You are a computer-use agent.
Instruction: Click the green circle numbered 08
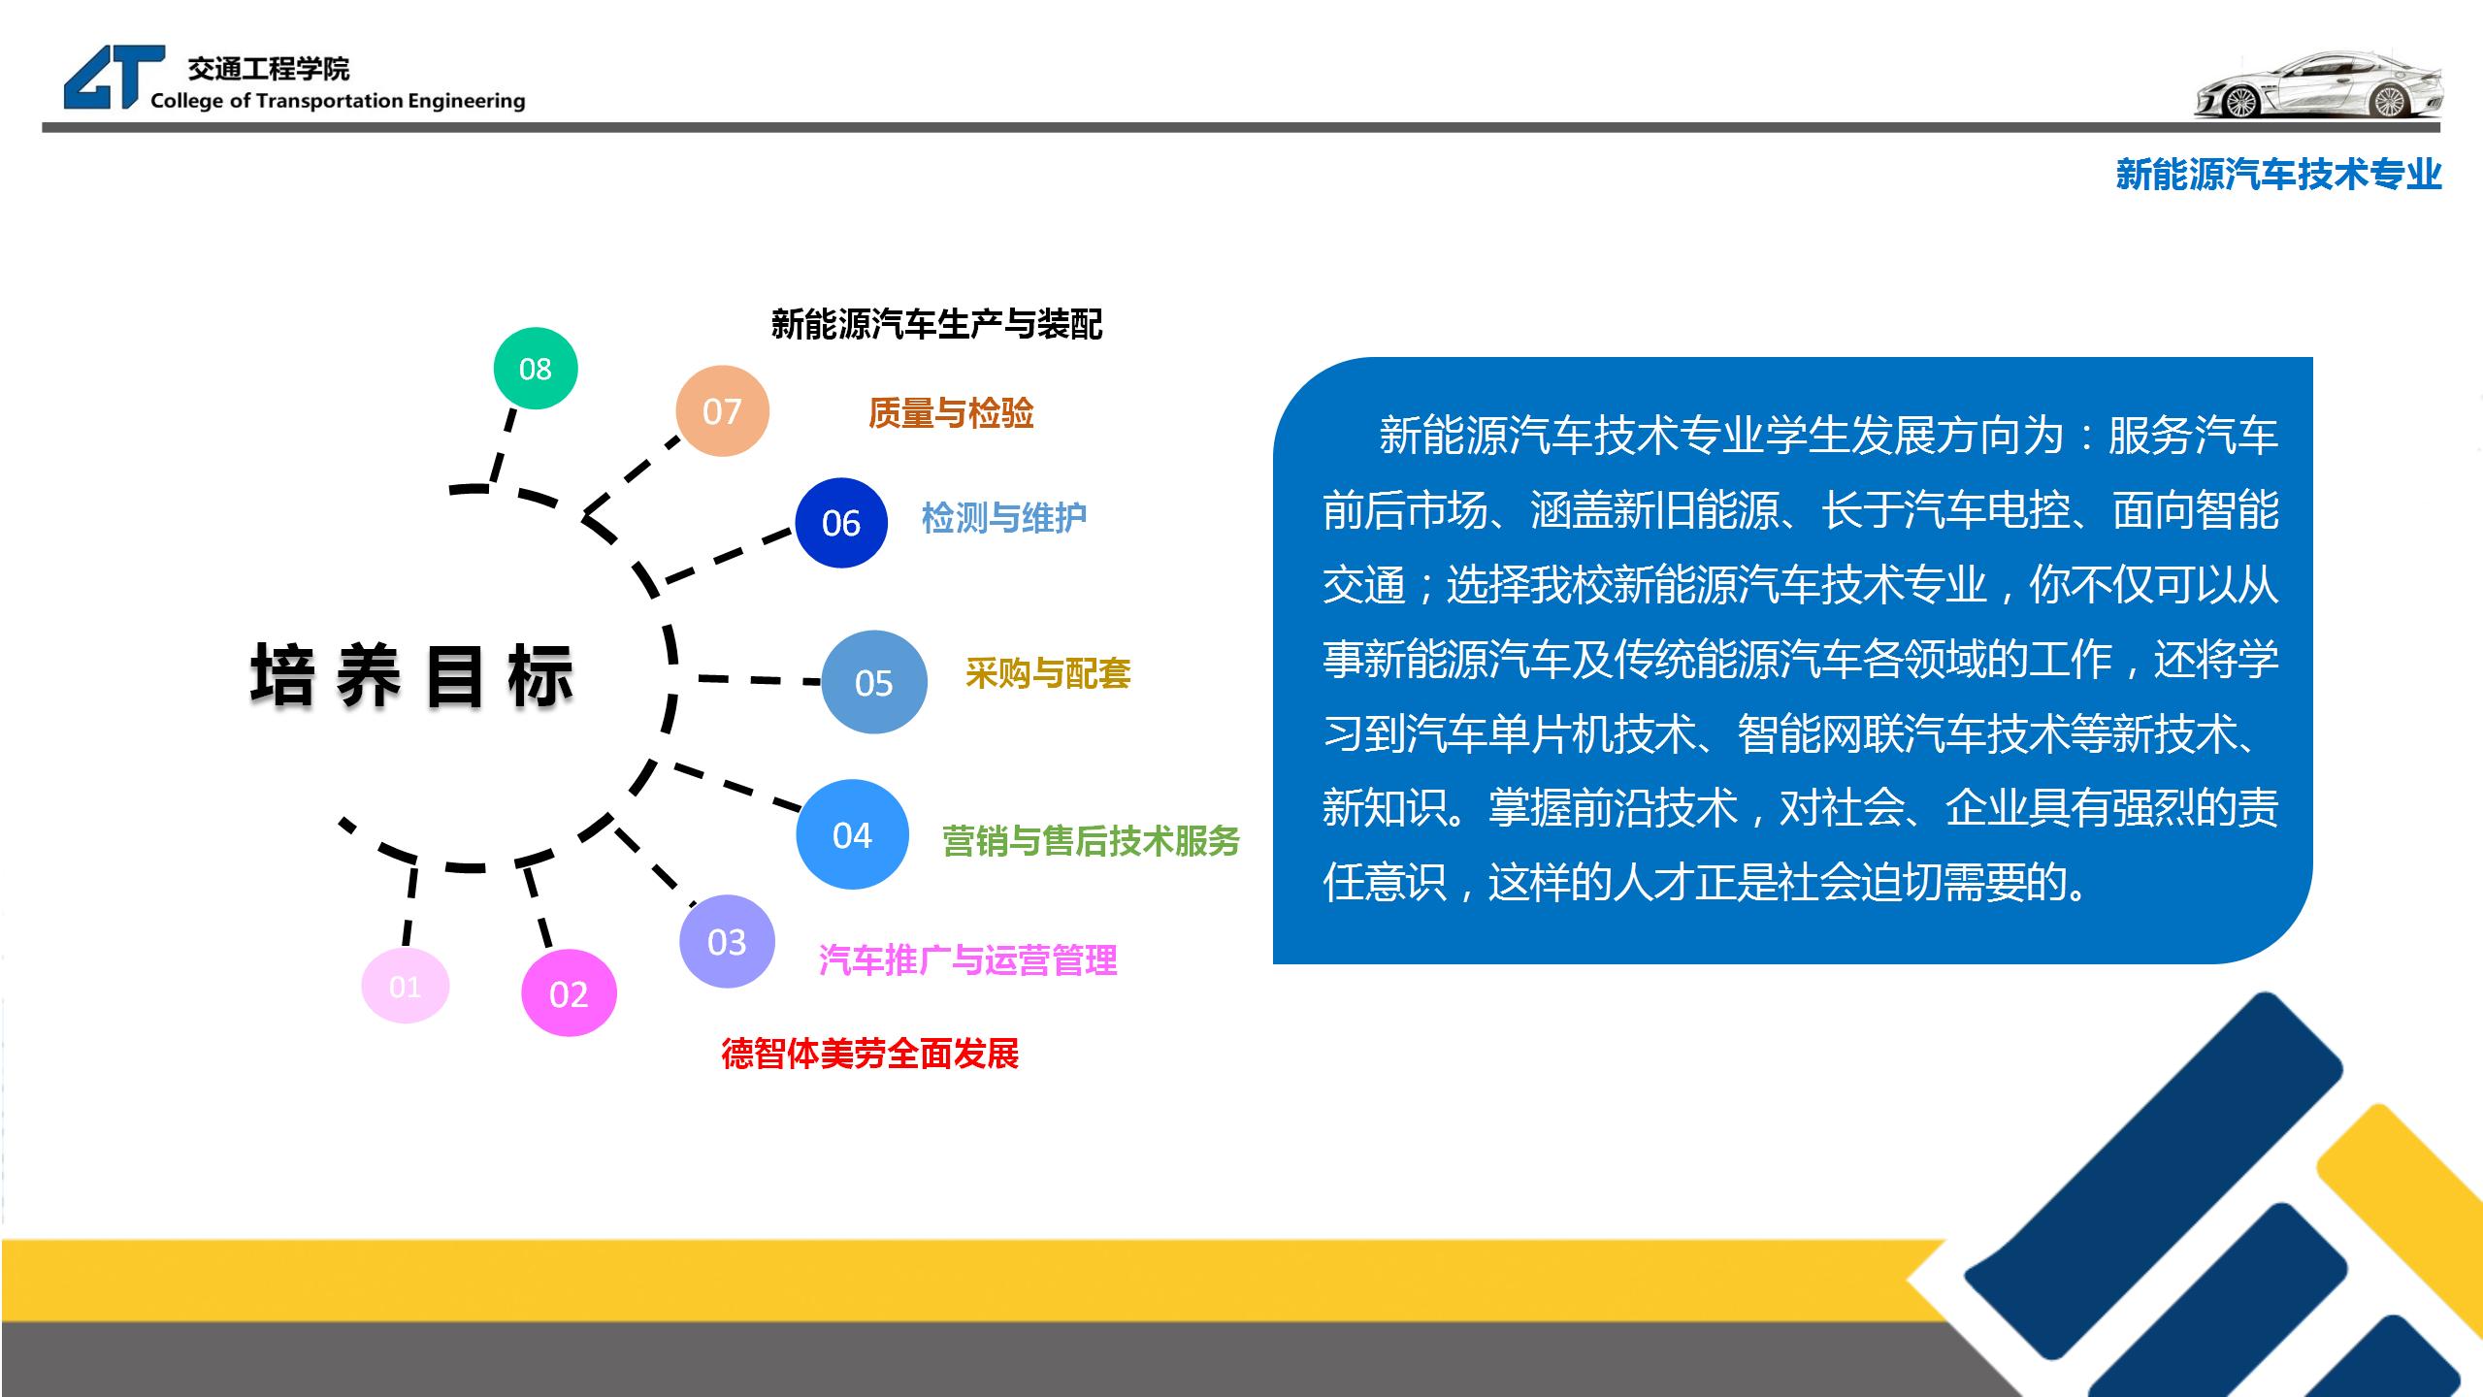pyautogui.click(x=535, y=368)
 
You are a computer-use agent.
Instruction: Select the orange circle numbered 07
pyautogui.click(x=722, y=411)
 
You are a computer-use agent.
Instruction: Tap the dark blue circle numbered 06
pyautogui.click(x=841, y=523)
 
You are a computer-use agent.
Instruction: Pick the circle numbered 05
pyautogui.click(x=873, y=682)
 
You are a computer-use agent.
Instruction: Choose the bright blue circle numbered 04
pyautogui.click(x=852, y=834)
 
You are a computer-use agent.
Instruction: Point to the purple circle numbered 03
pyautogui.click(x=727, y=941)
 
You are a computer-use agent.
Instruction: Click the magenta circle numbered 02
pyautogui.click(x=569, y=993)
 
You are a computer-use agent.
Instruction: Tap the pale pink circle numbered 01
pyautogui.click(x=405, y=986)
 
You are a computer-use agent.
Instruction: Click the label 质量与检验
pyautogui.click(x=951, y=413)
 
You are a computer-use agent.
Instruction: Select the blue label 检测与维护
pyautogui.click(x=1004, y=518)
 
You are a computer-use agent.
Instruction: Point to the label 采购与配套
pyautogui.click(x=1048, y=673)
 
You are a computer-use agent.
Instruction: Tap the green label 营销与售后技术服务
pyautogui.click(x=1092, y=841)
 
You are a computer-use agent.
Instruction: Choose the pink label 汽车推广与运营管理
pyautogui.click(x=968, y=960)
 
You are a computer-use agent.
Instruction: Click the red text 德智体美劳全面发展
pyautogui.click(x=870, y=1054)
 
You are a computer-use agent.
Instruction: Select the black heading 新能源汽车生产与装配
pyautogui.click(x=937, y=324)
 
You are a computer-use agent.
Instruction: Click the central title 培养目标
pyautogui.click(x=411, y=675)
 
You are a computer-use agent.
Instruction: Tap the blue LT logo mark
pyautogui.click(x=114, y=77)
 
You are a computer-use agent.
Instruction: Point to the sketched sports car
pyautogui.click(x=2317, y=85)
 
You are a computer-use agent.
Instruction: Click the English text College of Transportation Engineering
pyautogui.click(x=338, y=101)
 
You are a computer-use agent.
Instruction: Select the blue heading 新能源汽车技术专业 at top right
pyautogui.click(x=2279, y=175)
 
